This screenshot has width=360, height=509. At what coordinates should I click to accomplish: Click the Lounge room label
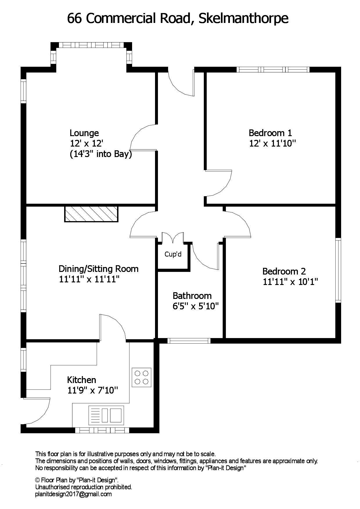(x=84, y=133)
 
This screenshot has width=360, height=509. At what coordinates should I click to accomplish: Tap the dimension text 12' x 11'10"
(x=272, y=143)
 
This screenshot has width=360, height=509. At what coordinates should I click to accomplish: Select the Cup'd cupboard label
(x=173, y=254)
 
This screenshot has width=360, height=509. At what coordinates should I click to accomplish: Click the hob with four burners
(x=142, y=377)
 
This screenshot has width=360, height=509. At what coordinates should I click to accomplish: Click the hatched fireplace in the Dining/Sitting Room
(x=91, y=214)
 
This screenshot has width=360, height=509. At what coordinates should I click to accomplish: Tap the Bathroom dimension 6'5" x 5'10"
(x=195, y=306)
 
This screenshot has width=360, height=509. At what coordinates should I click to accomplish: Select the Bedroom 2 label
(x=284, y=271)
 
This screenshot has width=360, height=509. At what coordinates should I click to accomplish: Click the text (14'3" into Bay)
(x=101, y=154)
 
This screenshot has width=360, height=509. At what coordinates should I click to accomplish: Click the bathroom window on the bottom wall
(x=189, y=341)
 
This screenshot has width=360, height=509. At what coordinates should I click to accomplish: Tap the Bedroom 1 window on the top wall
(x=273, y=69)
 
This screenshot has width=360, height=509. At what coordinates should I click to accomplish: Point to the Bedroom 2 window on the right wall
(x=338, y=270)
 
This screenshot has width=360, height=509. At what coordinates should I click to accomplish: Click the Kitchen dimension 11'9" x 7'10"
(x=93, y=390)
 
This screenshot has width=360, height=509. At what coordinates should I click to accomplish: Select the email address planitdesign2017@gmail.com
(x=73, y=494)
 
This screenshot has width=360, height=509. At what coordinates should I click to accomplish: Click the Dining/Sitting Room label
(x=98, y=269)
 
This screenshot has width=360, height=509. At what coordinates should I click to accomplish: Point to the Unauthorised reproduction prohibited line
(x=84, y=487)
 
